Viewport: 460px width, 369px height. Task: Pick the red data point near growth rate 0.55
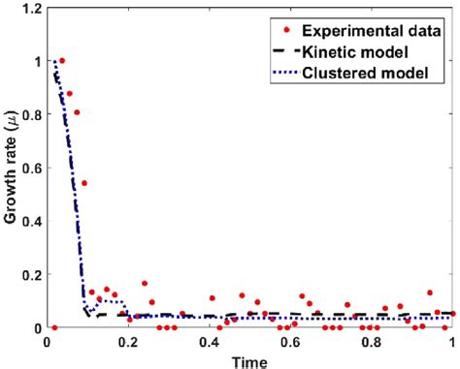click(x=84, y=183)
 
